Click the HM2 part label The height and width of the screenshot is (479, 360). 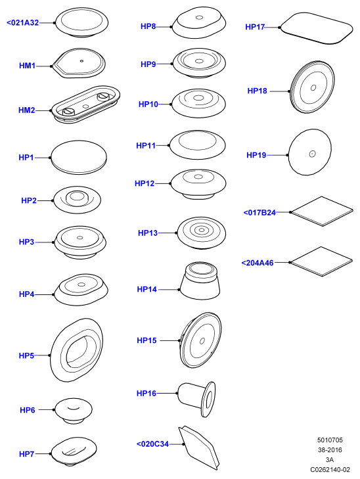click(x=27, y=110)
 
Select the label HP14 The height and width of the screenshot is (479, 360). click(x=147, y=289)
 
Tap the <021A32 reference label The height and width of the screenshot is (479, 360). click(x=23, y=22)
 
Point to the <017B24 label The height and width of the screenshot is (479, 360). click(x=259, y=212)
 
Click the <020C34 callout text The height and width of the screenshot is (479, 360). click(x=152, y=444)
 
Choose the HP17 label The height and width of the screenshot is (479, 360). click(x=255, y=27)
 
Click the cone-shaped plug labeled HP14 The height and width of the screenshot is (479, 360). click(x=200, y=280)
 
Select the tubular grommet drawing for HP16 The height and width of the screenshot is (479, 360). click(x=196, y=399)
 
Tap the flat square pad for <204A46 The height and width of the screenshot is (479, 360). click(x=321, y=262)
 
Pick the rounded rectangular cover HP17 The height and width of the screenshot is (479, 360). click(x=317, y=28)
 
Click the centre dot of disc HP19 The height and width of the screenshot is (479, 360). click(x=312, y=154)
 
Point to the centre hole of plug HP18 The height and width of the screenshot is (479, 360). click(x=313, y=88)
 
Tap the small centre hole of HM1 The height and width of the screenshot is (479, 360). click(x=81, y=61)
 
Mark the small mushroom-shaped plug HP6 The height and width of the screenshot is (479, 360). click(x=74, y=411)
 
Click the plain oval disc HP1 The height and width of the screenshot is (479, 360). click(x=79, y=158)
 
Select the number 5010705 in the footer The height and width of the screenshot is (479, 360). click(x=330, y=440)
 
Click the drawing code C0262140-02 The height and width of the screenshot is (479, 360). click(x=330, y=470)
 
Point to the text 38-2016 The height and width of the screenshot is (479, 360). click(x=330, y=450)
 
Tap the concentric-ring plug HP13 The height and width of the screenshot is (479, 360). click(x=201, y=233)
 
